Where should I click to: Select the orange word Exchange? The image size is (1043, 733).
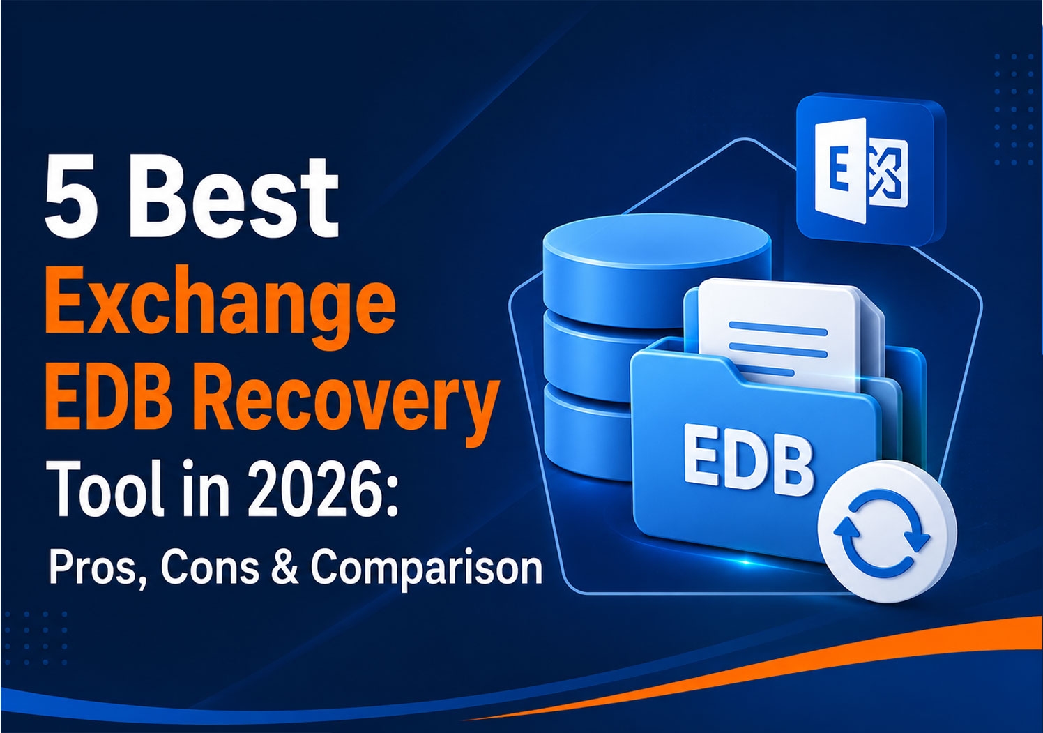[220, 306]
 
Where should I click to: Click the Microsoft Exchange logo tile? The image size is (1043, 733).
[870, 171]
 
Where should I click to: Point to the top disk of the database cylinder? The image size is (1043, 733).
[657, 268]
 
